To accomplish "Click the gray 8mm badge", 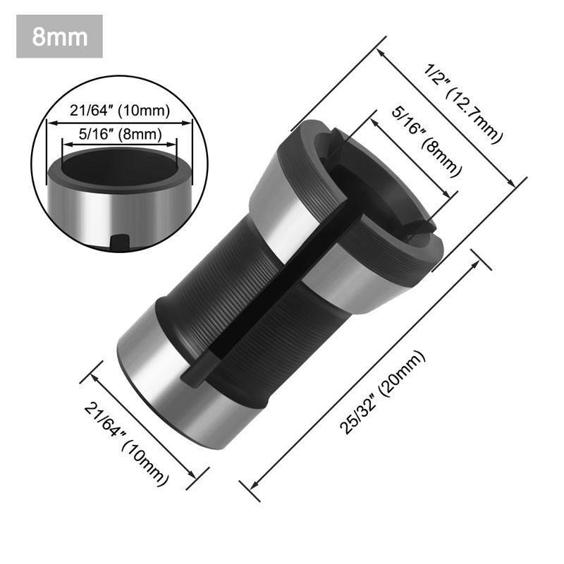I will [x=60, y=36].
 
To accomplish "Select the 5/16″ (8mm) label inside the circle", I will [x=118, y=133].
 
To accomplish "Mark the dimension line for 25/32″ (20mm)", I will [x=367, y=370].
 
